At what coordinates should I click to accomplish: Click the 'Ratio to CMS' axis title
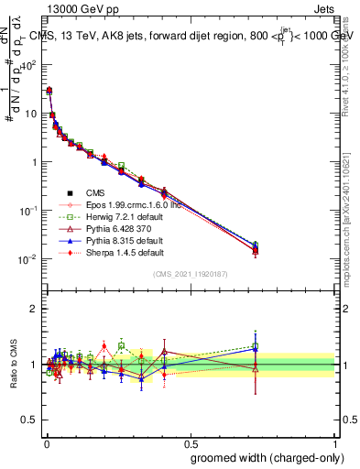pyautogui.click(x=14, y=366)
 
